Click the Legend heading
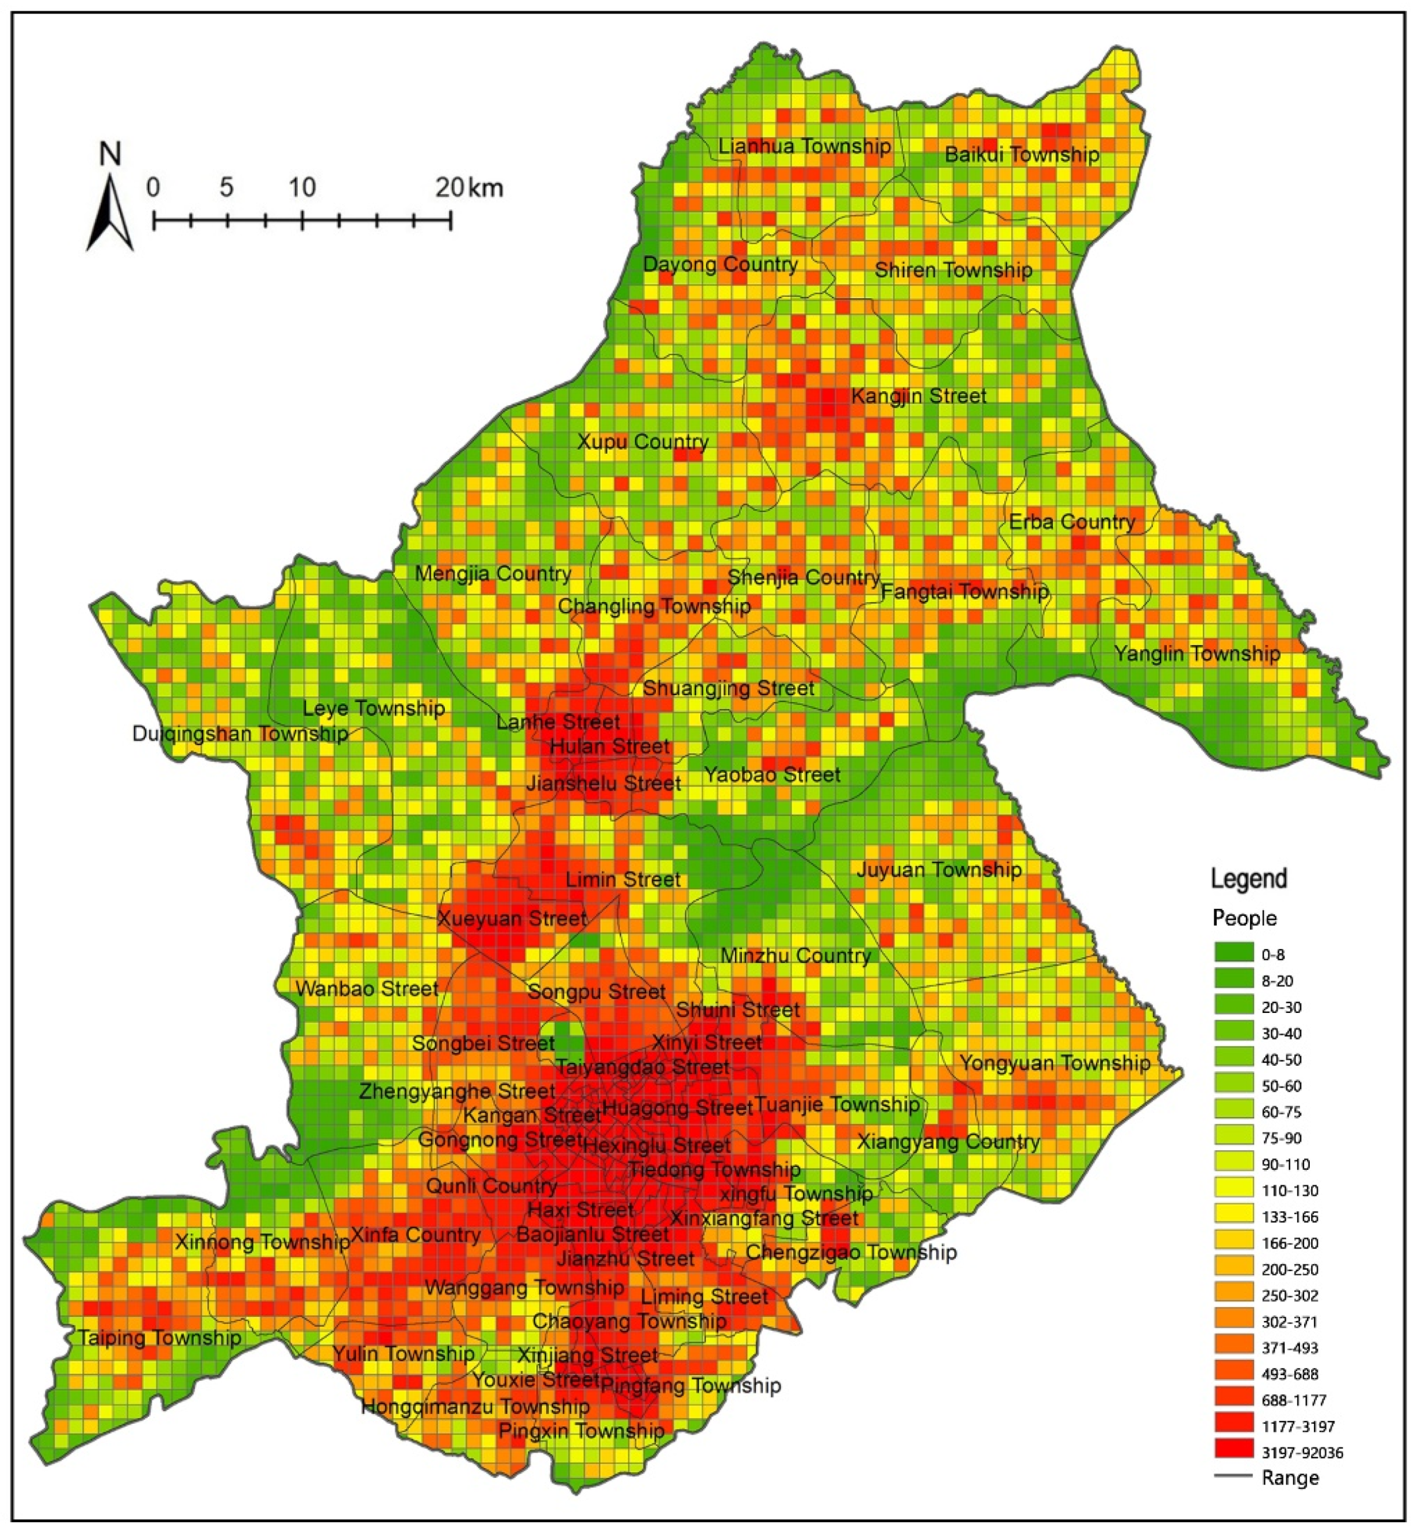pos(1248,879)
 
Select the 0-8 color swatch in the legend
pos(1234,954)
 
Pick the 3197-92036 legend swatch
pos(1234,1452)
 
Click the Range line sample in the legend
pos(1233,1477)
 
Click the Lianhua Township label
pos(805,146)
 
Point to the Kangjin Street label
pos(918,396)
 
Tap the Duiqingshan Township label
pos(240,734)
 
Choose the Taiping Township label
pos(159,1338)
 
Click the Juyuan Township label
pos(938,870)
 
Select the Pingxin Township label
pos(581,1430)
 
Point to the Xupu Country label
pos(643,442)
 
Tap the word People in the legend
pos(1244,917)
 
